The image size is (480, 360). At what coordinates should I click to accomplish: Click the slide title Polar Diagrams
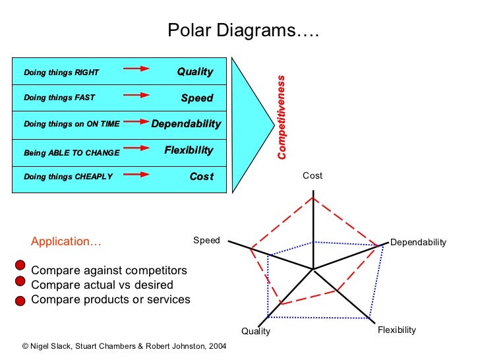coord(243,31)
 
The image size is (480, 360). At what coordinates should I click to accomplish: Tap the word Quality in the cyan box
coord(195,72)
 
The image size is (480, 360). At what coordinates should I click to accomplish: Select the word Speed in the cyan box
coord(197,98)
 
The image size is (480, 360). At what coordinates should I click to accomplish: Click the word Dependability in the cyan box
coord(187,124)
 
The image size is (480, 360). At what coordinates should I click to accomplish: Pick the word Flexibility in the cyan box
coord(189,150)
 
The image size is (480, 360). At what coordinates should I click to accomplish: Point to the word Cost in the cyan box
coord(202,177)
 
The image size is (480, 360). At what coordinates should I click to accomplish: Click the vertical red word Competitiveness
coord(282,117)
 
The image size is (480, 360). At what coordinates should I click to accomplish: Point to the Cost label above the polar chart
coord(313,175)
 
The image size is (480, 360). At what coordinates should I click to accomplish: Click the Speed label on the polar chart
coord(206,241)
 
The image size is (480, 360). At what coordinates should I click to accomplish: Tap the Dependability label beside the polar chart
coord(418,243)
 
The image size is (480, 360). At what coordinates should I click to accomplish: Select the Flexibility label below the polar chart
coord(397,330)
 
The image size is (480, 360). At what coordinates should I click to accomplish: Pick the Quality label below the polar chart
coord(256,332)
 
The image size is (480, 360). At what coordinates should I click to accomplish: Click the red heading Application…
coord(67,241)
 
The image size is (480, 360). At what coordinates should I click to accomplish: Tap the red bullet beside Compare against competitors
coord(20,266)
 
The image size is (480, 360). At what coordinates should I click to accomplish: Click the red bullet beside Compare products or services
coord(20,301)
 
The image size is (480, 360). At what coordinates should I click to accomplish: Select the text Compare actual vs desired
coord(102,285)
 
